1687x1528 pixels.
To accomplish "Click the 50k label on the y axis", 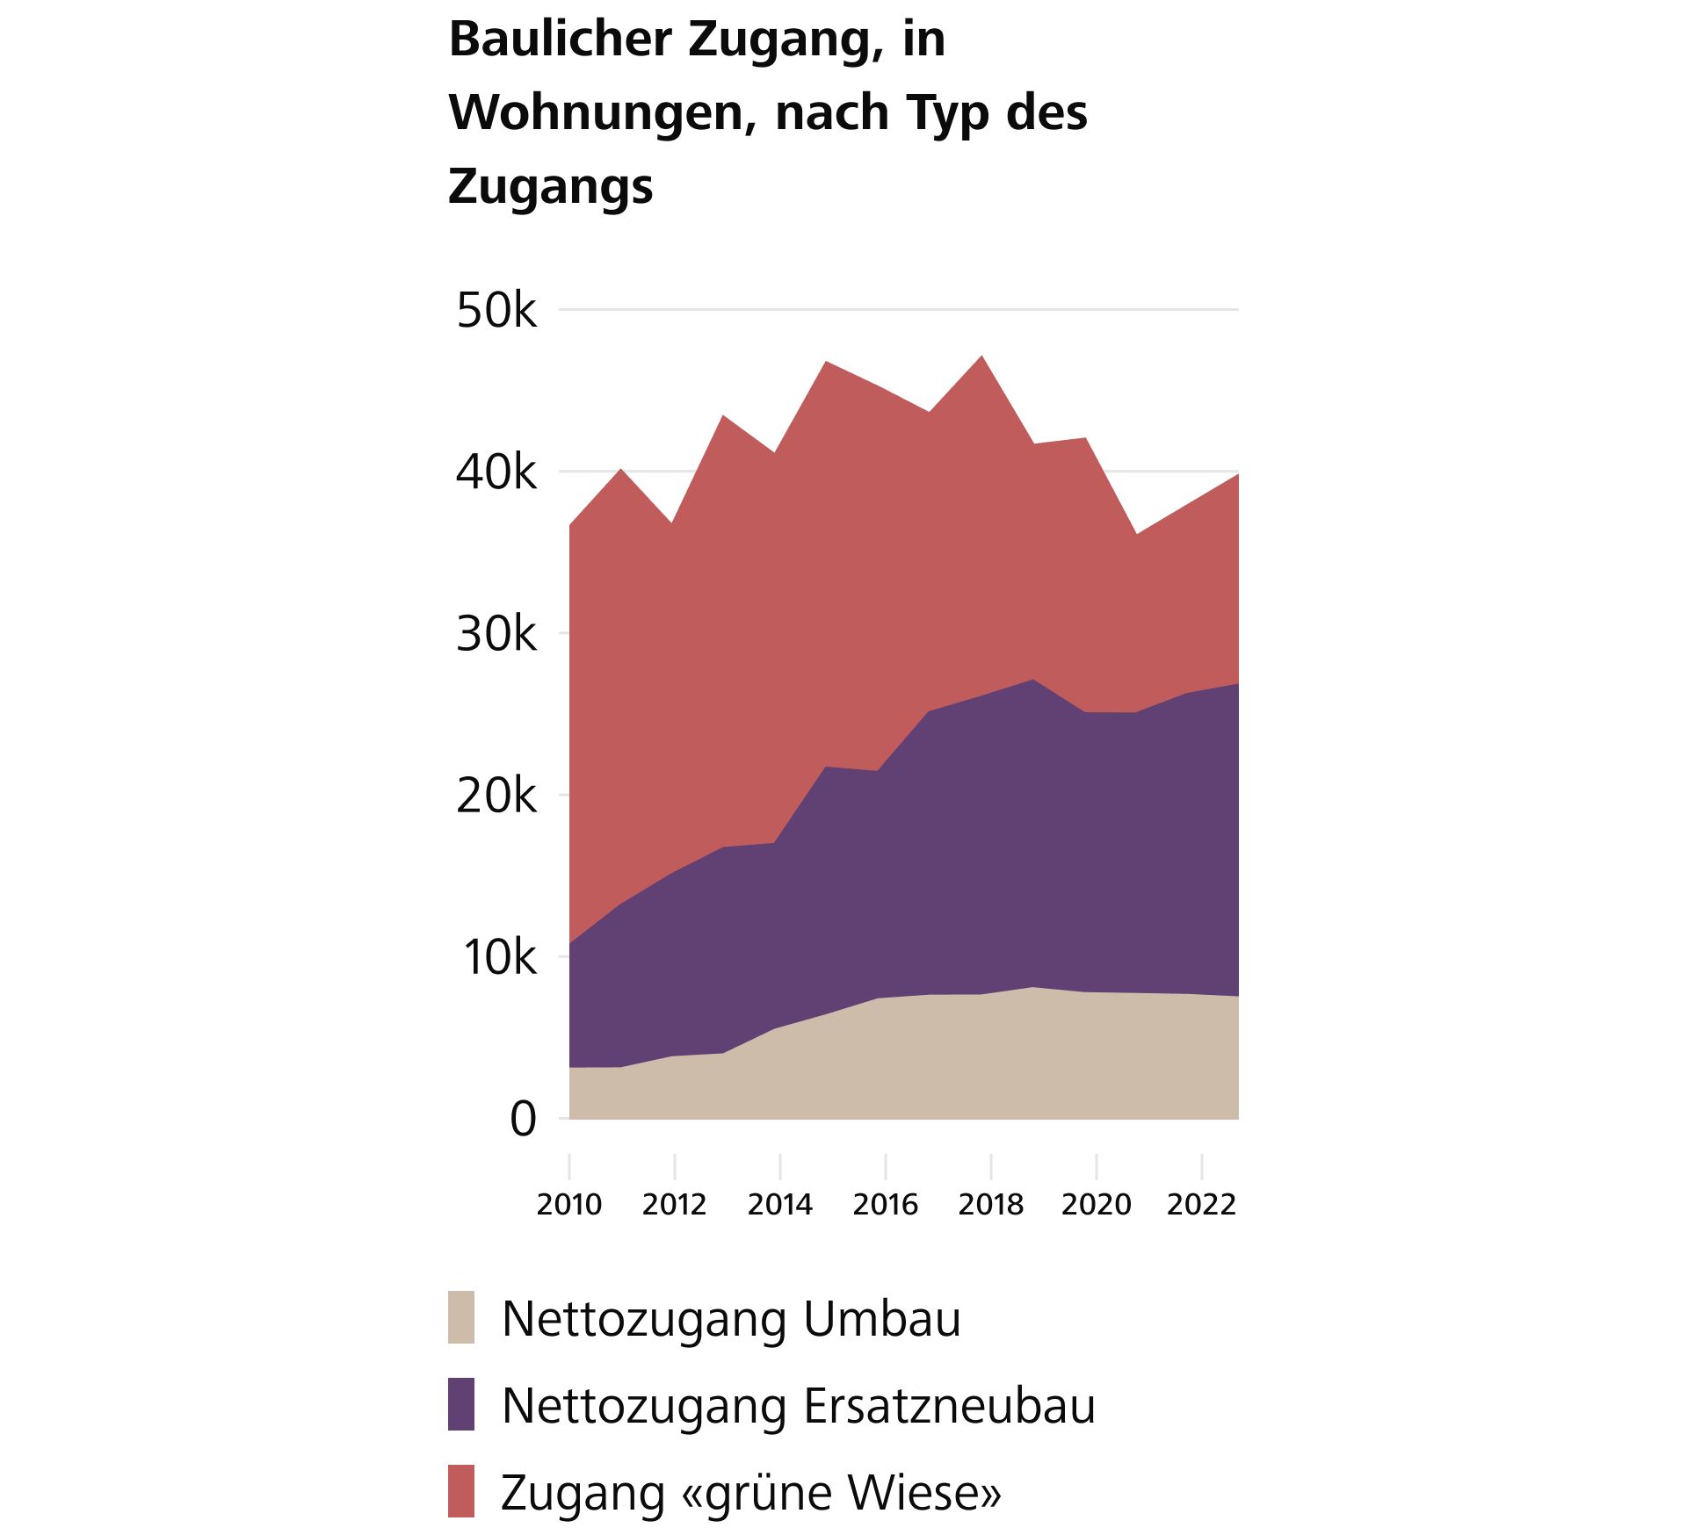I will point(496,311).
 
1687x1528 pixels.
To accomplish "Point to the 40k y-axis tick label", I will point(496,473).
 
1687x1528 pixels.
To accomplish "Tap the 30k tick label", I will point(496,635).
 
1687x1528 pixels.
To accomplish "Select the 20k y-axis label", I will point(496,796).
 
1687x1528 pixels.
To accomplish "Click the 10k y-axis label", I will point(499,958).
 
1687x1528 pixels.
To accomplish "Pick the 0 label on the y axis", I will point(523,1120).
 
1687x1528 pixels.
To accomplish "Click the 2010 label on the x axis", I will point(569,1204).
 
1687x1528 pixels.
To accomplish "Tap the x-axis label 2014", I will point(780,1204).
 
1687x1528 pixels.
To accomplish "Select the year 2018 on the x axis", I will point(991,1204).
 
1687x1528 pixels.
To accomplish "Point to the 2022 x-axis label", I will point(1201,1204).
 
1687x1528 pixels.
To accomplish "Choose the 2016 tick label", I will point(886,1204).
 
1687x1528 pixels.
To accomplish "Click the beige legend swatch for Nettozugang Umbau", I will point(461,1317).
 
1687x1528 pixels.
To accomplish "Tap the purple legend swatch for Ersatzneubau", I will point(461,1404).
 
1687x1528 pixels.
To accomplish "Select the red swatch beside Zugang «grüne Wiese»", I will point(461,1491).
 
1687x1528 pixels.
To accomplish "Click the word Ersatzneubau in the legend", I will point(949,1406).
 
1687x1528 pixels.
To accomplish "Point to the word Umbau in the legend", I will point(881,1319).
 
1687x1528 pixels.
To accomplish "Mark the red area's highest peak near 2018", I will point(982,357).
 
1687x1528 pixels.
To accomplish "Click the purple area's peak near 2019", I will point(1034,681).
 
